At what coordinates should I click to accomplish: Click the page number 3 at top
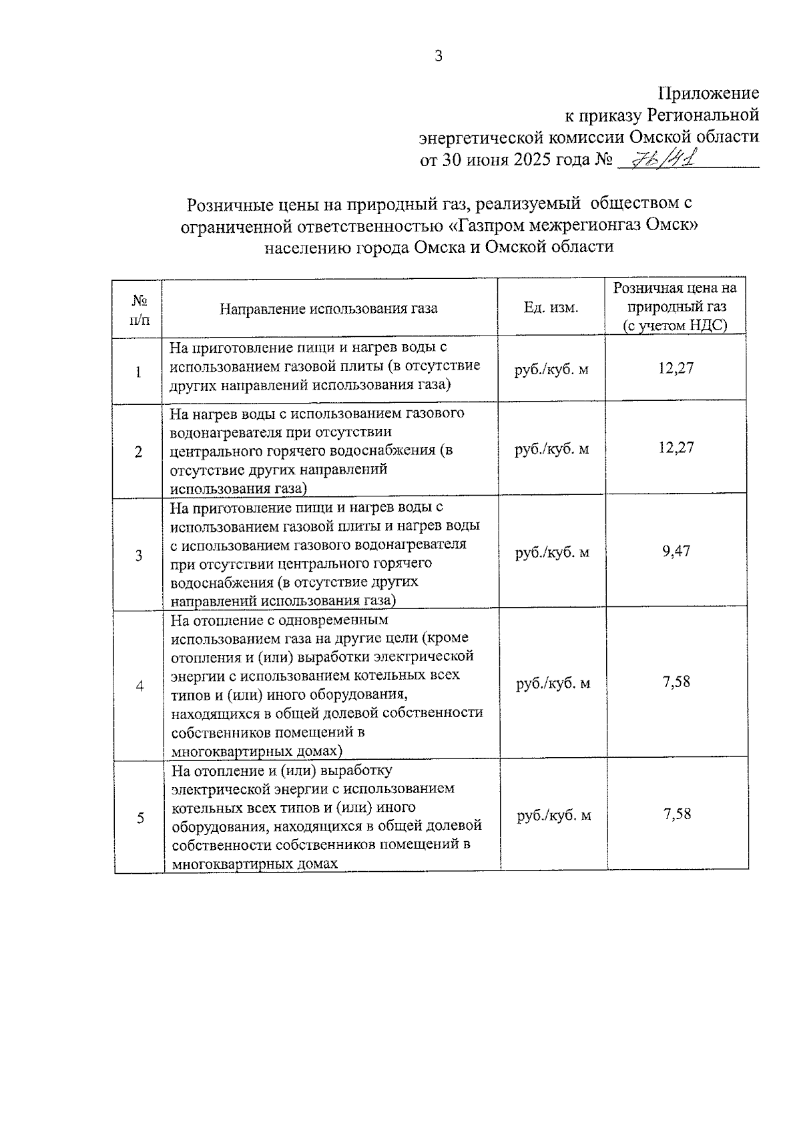[x=439, y=57]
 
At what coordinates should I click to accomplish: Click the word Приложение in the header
[x=708, y=93]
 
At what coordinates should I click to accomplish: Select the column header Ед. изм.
[x=551, y=308]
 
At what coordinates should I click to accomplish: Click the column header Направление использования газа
[x=329, y=309]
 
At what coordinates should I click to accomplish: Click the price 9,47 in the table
[x=676, y=551]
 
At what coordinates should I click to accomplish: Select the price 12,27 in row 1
[x=676, y=368]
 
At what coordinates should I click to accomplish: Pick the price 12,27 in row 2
[x=676, y=448]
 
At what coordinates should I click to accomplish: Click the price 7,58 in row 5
[x=677, y=814]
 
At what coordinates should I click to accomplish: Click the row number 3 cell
[x=139, y=555]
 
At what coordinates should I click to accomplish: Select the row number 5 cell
[x=140, y=818]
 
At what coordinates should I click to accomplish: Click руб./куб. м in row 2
[x=551, y=449]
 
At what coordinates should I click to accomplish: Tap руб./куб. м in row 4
[x=553, y=684]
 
